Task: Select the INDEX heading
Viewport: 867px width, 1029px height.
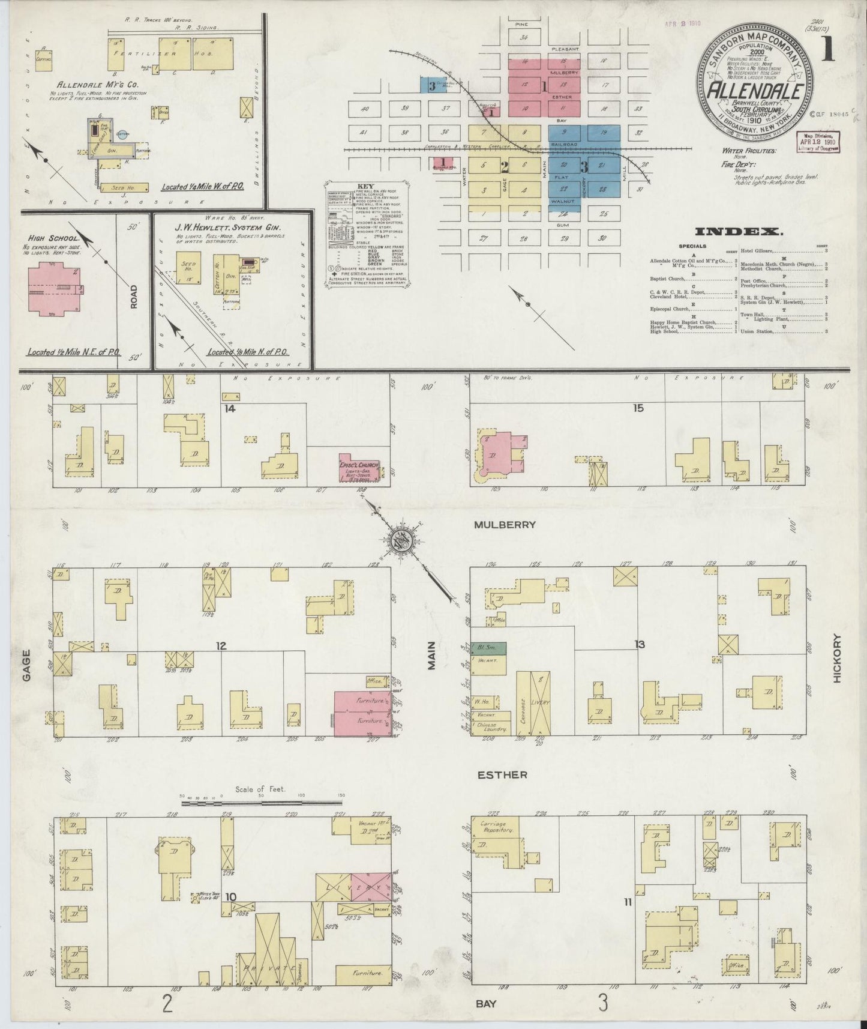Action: click(739, 231)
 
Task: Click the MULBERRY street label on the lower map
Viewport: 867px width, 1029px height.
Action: click(504, 524)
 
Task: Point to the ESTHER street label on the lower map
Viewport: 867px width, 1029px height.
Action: click(502, 775)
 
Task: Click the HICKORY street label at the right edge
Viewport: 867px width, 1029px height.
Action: click(837, 659)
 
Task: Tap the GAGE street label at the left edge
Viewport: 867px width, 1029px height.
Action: click(27, 667)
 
